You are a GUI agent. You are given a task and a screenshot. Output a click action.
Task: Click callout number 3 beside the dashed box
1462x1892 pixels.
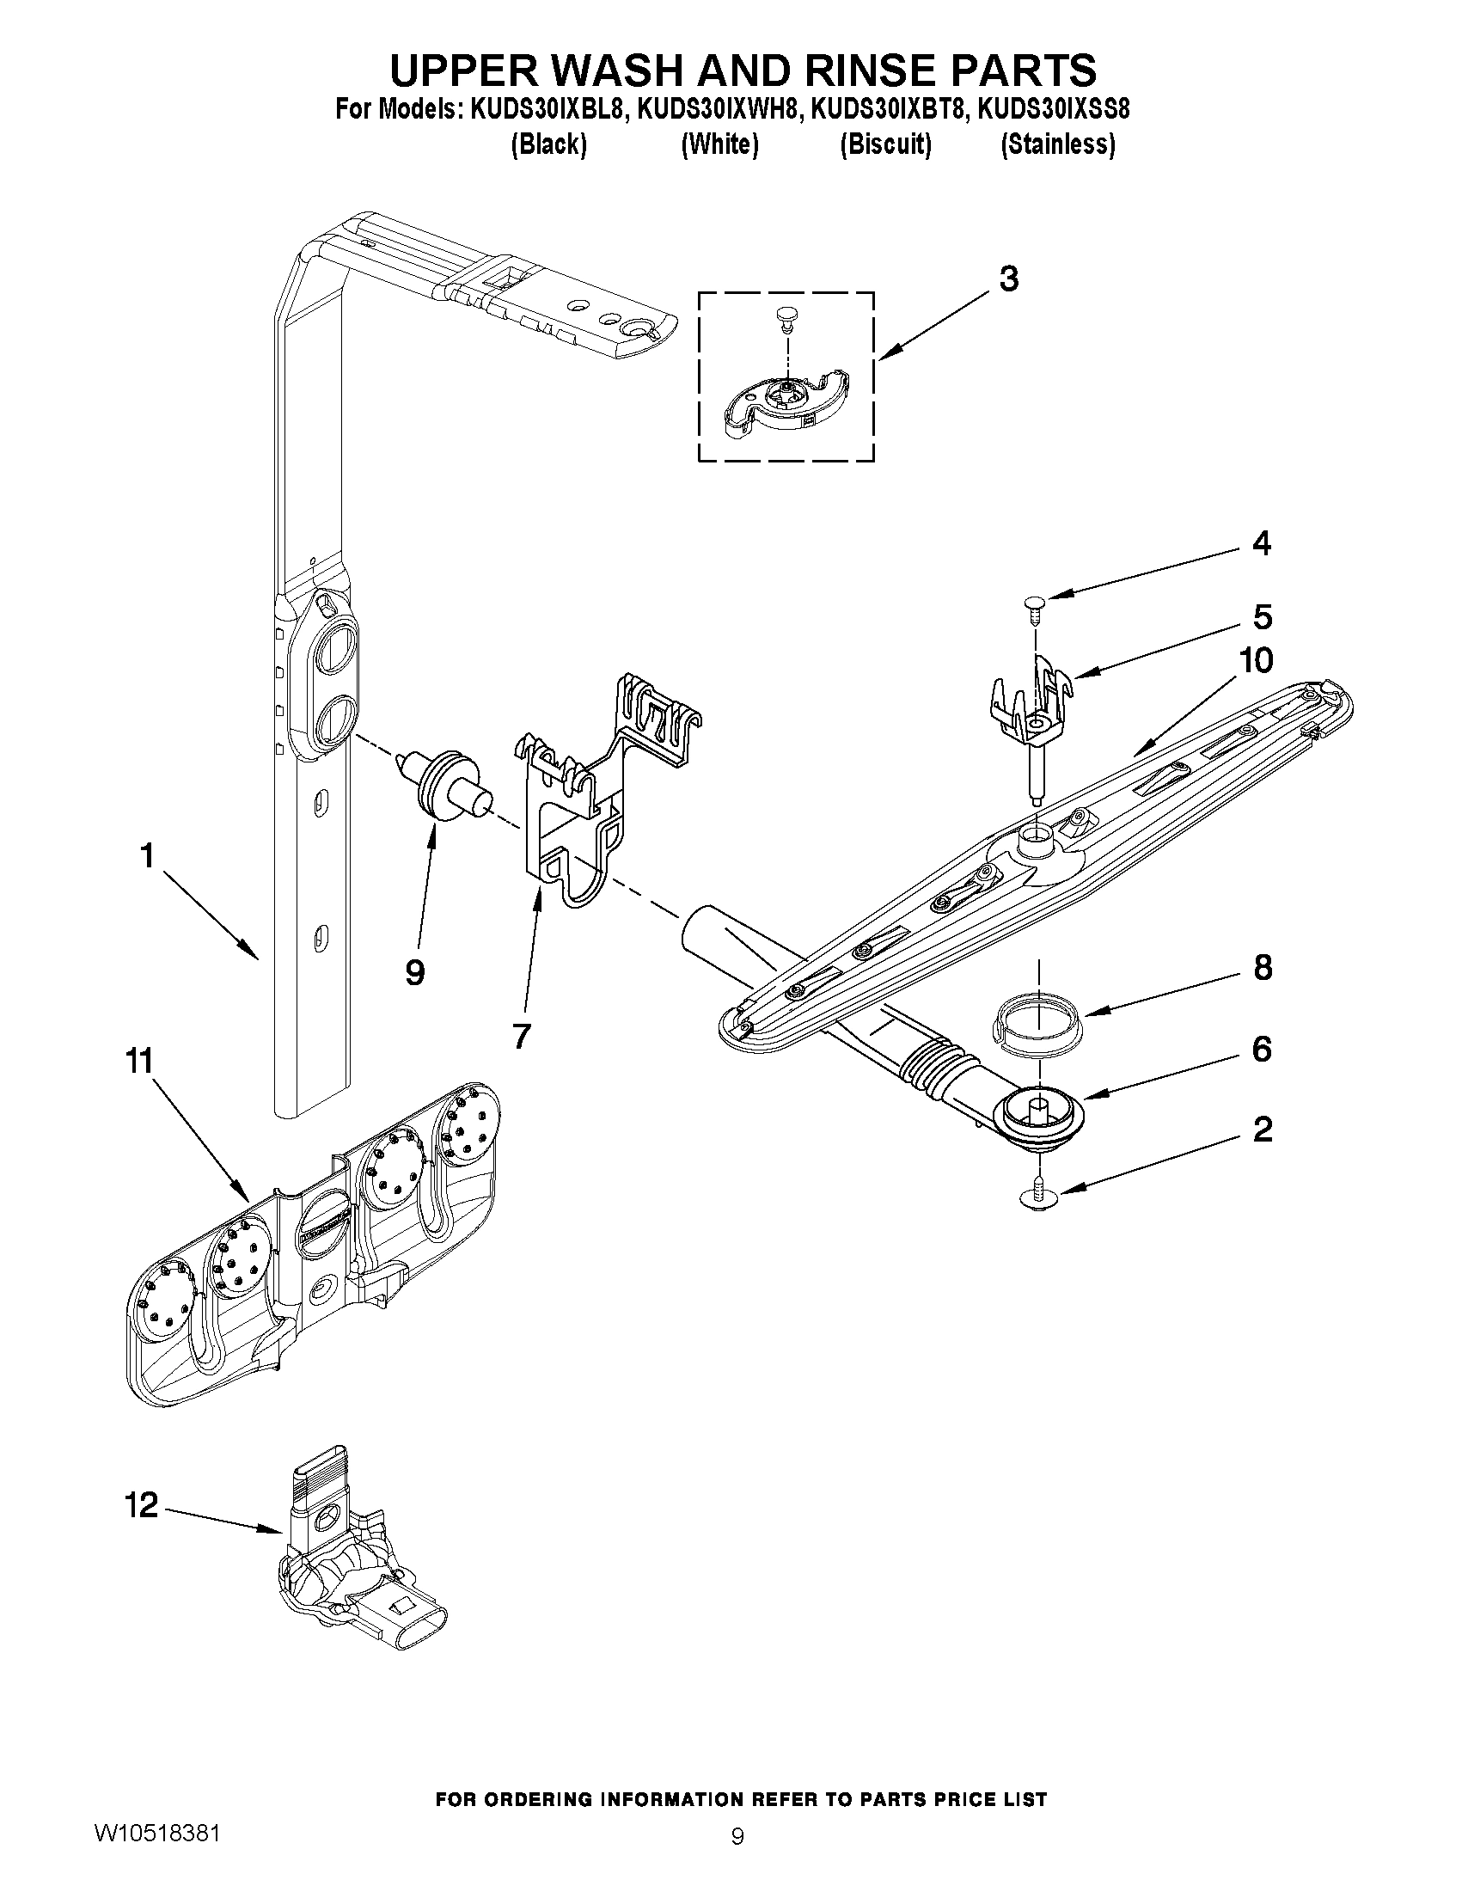pos(1008,279)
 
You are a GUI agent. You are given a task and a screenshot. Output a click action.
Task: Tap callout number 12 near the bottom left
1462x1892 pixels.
pos(141,1505)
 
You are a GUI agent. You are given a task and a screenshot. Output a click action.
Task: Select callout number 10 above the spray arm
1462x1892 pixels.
pos(1256,661)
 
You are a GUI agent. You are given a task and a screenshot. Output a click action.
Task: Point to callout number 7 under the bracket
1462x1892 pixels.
pos(521,1035)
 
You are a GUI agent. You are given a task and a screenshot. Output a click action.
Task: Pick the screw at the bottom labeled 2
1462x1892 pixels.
pos(1040,1197)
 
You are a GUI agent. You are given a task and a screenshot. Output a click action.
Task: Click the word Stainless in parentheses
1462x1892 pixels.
pos(1057,144)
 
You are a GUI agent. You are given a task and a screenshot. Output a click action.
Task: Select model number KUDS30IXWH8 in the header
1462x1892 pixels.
pos(718,110)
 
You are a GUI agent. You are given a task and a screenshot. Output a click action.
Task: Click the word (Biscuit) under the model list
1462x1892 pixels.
pos(885,144)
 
